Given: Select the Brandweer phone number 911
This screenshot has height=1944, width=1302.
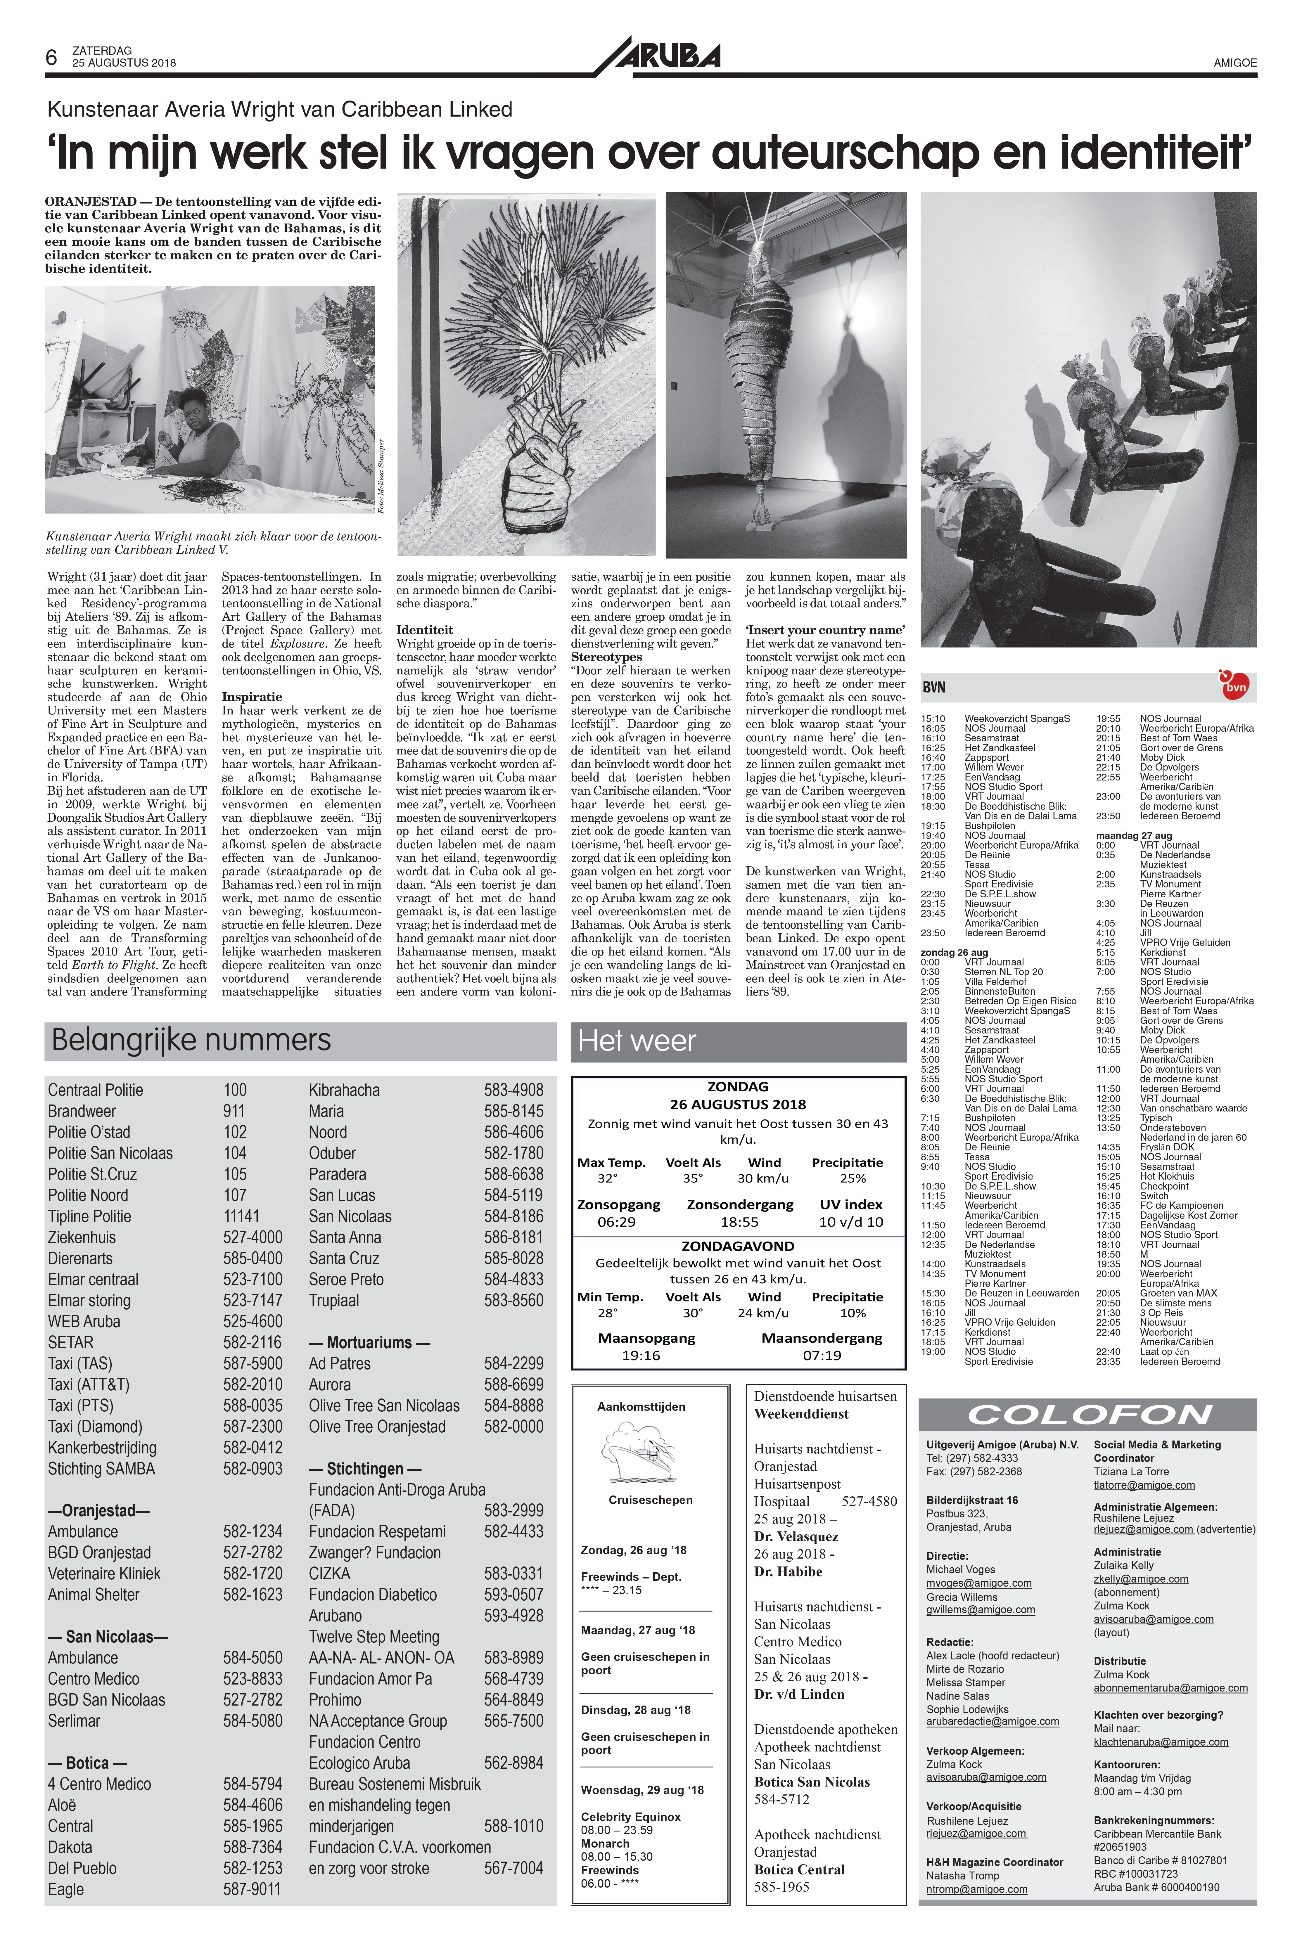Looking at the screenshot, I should coord(234,1112).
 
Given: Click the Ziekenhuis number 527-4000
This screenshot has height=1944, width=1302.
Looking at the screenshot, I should coord(253,1238).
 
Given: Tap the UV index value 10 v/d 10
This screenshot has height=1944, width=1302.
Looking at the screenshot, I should coord(851,1222).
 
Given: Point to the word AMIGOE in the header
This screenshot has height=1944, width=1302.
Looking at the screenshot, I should coord(1235,62).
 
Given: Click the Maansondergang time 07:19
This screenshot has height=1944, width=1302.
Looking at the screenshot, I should coord(822,1356).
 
